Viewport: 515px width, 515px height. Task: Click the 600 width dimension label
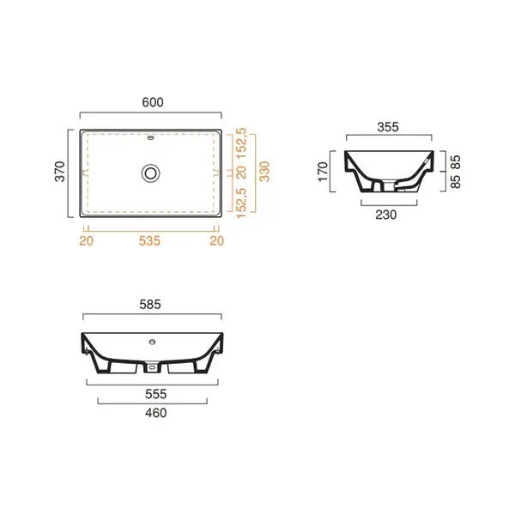pyautogui.click(x=153, y=102)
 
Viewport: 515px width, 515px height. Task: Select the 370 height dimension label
pyautogui.click(x=60, y=172)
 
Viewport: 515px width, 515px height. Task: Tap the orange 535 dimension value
pyautogui.click(x=149, y=240)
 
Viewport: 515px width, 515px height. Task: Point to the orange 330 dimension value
pyautogui.click(x=264, y=172)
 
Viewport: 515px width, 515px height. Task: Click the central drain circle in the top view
pyautogui.click(x=151, y=173)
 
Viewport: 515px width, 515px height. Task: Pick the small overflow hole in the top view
pyautogui.click(x=151, y=138)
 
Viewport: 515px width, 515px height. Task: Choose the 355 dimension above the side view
pyautogui.click(x=388, y=127)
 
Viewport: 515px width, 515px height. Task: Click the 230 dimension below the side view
pyautogui.click(x=386, y=215)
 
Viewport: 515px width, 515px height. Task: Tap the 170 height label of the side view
pyautogui.click(x=323, y=172)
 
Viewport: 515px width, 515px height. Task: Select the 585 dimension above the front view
pyautogui.click(x=150, y=305)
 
